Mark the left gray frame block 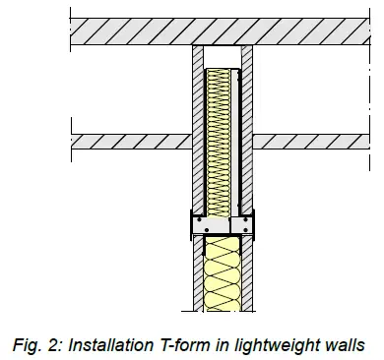point(210,225)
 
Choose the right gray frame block point(239,225)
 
